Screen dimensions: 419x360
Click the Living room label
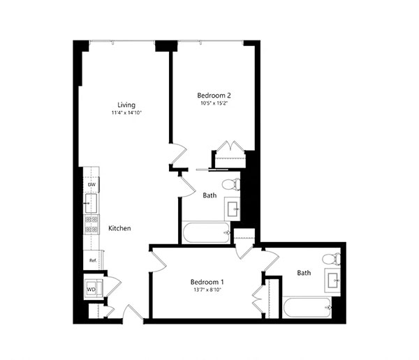pos(126,105)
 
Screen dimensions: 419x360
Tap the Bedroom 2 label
pos(214,96)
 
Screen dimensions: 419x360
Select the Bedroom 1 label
pos(207,282)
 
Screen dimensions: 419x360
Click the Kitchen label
pos(119,228)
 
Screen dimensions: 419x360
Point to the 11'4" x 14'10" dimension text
pos(126,113)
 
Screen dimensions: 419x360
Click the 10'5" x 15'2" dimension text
pos(214,103)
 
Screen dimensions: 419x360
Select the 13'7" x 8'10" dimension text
pos(207,290)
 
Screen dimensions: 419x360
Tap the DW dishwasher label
pos(91,185)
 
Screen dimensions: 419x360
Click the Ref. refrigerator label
pos(93,260)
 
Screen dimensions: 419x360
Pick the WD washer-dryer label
pos(91,290)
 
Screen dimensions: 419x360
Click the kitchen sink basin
pos(91,204)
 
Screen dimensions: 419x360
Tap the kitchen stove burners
pos(91,225)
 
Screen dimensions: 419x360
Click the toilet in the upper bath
pos(231,184)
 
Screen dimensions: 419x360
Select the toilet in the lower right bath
pos(331,260)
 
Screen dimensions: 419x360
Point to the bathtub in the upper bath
pos(206,232)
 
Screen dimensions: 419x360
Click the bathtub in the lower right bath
pos(307,307)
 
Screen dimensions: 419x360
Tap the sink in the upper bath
pos(233,209)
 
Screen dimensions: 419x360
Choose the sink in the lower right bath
pos(333,280)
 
